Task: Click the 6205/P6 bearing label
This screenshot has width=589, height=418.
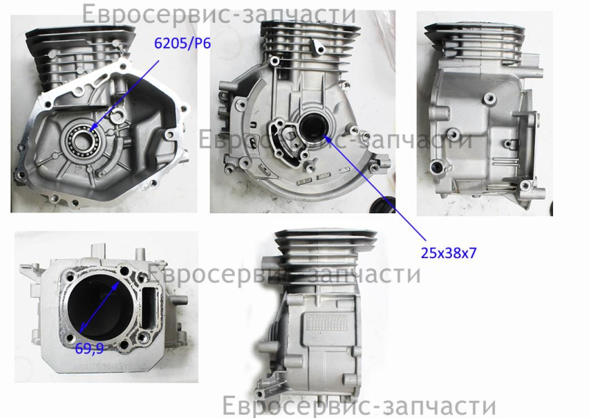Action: (183, 43)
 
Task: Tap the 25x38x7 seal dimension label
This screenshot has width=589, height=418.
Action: (448, 253)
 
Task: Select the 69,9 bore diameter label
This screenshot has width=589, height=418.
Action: (89, 349)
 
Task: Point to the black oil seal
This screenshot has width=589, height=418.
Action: (312, 126)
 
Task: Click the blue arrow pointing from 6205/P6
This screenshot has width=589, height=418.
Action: (124, 96)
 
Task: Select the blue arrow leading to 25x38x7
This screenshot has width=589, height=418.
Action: (375, 188)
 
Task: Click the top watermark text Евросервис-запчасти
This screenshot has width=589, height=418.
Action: (219, 14)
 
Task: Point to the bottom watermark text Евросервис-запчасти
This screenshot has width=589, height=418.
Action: (359, 406)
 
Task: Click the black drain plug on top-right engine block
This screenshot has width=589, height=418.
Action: (436, 165)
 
